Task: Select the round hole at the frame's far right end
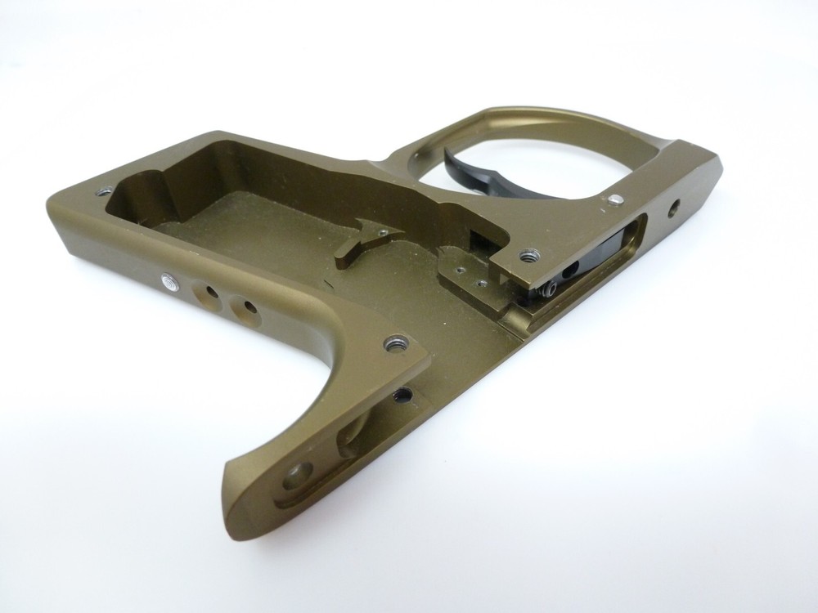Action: pos(675,207)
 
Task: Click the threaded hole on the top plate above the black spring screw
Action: pos(527,256)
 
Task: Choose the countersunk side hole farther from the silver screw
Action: pos(244,307)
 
